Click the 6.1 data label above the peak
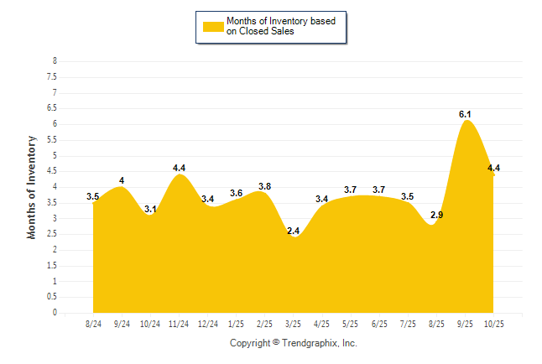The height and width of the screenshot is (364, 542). click(x=465, y=114)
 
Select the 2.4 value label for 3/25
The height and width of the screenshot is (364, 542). click(x=293, y=231)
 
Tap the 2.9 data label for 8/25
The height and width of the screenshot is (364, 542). click(x=436, y=216)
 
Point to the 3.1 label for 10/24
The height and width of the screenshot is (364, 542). click(x=151, y=210)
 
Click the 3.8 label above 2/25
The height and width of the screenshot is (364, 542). click(x=264, y=186)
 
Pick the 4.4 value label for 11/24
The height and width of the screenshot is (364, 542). click(x=179, y=168)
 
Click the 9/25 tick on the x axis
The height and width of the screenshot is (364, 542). click(x=465, y=323)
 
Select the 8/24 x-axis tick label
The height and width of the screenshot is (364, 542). click(x=94, y=323)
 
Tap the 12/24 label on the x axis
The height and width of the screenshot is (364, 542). click(x=208, y=323)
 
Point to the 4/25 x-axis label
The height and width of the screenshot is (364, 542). click(x=321, y=323)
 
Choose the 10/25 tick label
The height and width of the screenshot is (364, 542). click(x=493, y=323)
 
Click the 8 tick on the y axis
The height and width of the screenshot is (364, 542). click(x=55, y=61)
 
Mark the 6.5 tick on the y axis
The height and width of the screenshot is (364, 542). click(x=52, y=108)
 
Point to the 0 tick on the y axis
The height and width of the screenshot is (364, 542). click(x=55, y=313)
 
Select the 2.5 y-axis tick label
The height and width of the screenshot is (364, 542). click(x=52, y=234)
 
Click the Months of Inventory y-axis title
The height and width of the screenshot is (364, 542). click(x=32, y=187)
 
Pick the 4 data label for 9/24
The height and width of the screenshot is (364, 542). click(x=122, y=180)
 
